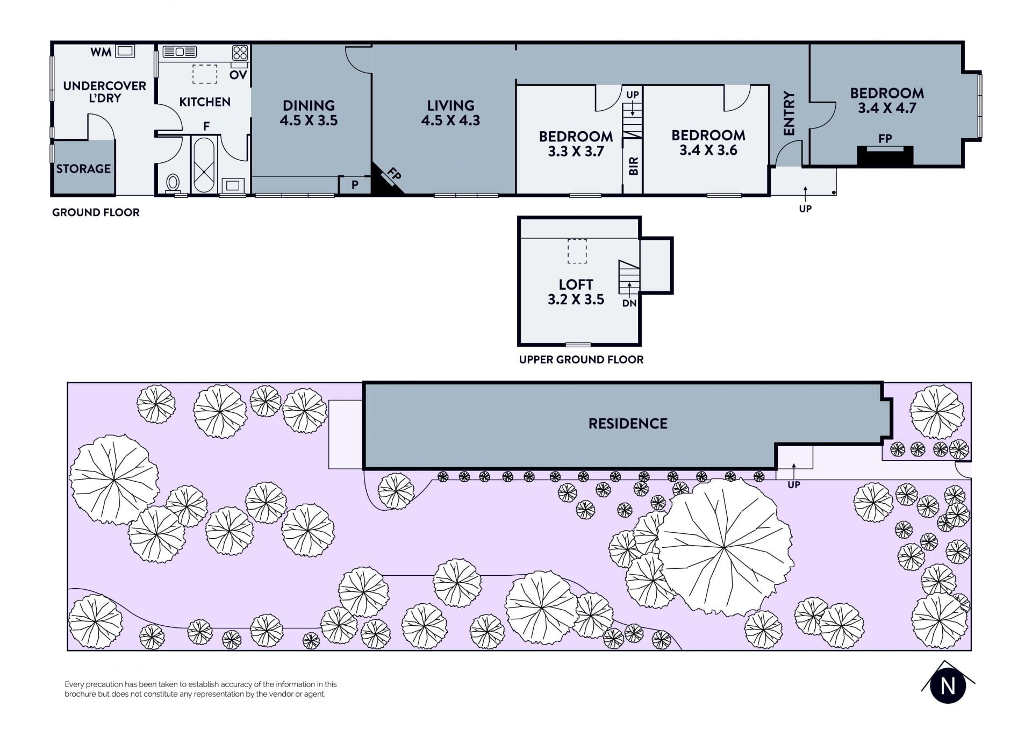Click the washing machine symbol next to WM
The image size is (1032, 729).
125,51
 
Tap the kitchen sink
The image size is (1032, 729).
180,52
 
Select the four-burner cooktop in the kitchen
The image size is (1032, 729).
240,53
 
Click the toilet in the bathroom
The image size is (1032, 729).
173,183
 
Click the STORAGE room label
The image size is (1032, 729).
83,169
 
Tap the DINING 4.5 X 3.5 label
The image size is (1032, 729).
309,113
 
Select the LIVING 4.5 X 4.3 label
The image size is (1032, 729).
450,113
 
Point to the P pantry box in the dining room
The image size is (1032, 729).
355,185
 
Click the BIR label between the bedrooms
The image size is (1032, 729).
633,166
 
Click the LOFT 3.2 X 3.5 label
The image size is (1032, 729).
576,292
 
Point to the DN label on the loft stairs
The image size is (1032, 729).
629,303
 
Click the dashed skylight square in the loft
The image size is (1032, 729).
577,251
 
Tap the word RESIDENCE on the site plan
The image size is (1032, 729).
628,424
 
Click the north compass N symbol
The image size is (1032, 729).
948,686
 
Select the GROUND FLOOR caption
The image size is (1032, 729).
96,212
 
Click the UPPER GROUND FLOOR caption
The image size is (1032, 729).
581,360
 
